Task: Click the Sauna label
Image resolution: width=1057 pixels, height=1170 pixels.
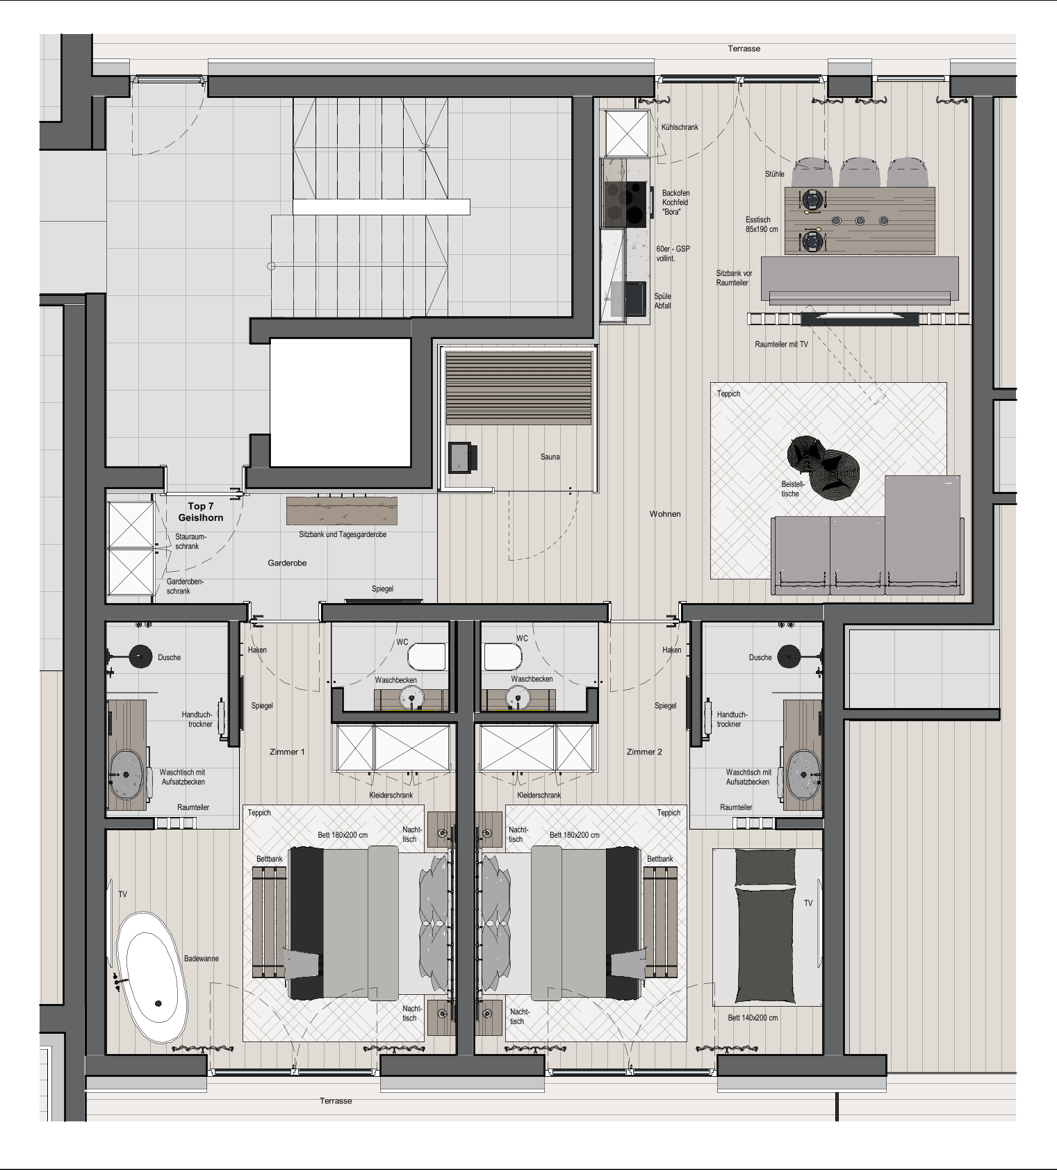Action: click(550, 457)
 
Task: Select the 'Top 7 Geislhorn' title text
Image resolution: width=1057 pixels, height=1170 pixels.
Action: click(201, 512)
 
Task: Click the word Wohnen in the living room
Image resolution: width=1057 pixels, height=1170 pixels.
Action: click(665, 514)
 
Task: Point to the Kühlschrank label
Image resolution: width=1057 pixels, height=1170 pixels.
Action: click(680, 128)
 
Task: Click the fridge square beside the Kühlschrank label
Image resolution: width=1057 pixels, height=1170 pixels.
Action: click(628, 133)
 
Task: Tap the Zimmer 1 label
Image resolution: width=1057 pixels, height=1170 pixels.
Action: click(287, 752)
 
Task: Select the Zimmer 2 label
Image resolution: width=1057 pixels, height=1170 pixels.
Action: click(644, 752)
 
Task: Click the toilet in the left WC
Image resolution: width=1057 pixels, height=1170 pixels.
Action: click(426, 657)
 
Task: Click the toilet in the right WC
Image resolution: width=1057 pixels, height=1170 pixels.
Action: click(502, 657)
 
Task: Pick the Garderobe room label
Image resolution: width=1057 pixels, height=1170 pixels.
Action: click(287, 563)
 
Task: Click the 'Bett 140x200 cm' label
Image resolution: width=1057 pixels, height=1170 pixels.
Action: click(753, 1018)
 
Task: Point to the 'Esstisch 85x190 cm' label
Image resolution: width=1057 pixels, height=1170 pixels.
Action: click(762, 224)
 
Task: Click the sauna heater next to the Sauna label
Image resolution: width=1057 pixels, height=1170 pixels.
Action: click(462, 457)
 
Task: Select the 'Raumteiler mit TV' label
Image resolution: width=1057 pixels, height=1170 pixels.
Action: click(781, 345)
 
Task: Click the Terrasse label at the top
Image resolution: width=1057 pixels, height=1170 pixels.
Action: click(744, 49)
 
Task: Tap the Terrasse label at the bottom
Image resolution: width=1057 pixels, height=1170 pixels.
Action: click(336, 1101)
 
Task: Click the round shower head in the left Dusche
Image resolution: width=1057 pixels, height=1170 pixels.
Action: click(141, 656)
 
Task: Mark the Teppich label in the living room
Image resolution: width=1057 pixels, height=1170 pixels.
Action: click(728, 394)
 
